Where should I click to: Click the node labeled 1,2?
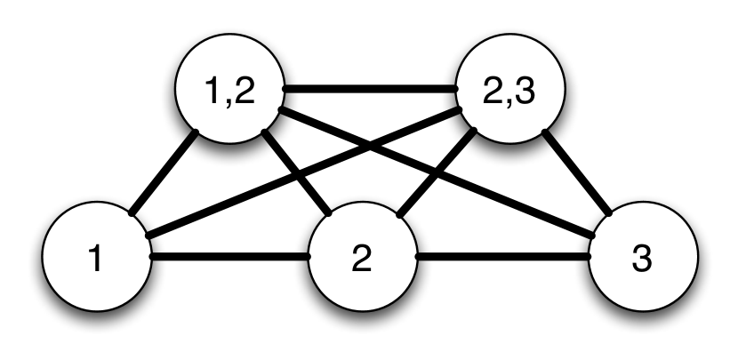tap(229, 91)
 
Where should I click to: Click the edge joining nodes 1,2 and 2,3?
tap(369, 89)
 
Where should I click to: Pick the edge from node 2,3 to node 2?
tap(436, 174)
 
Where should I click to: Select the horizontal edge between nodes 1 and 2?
tap(229, 258)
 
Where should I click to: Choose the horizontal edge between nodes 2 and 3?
tap(502, 258)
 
